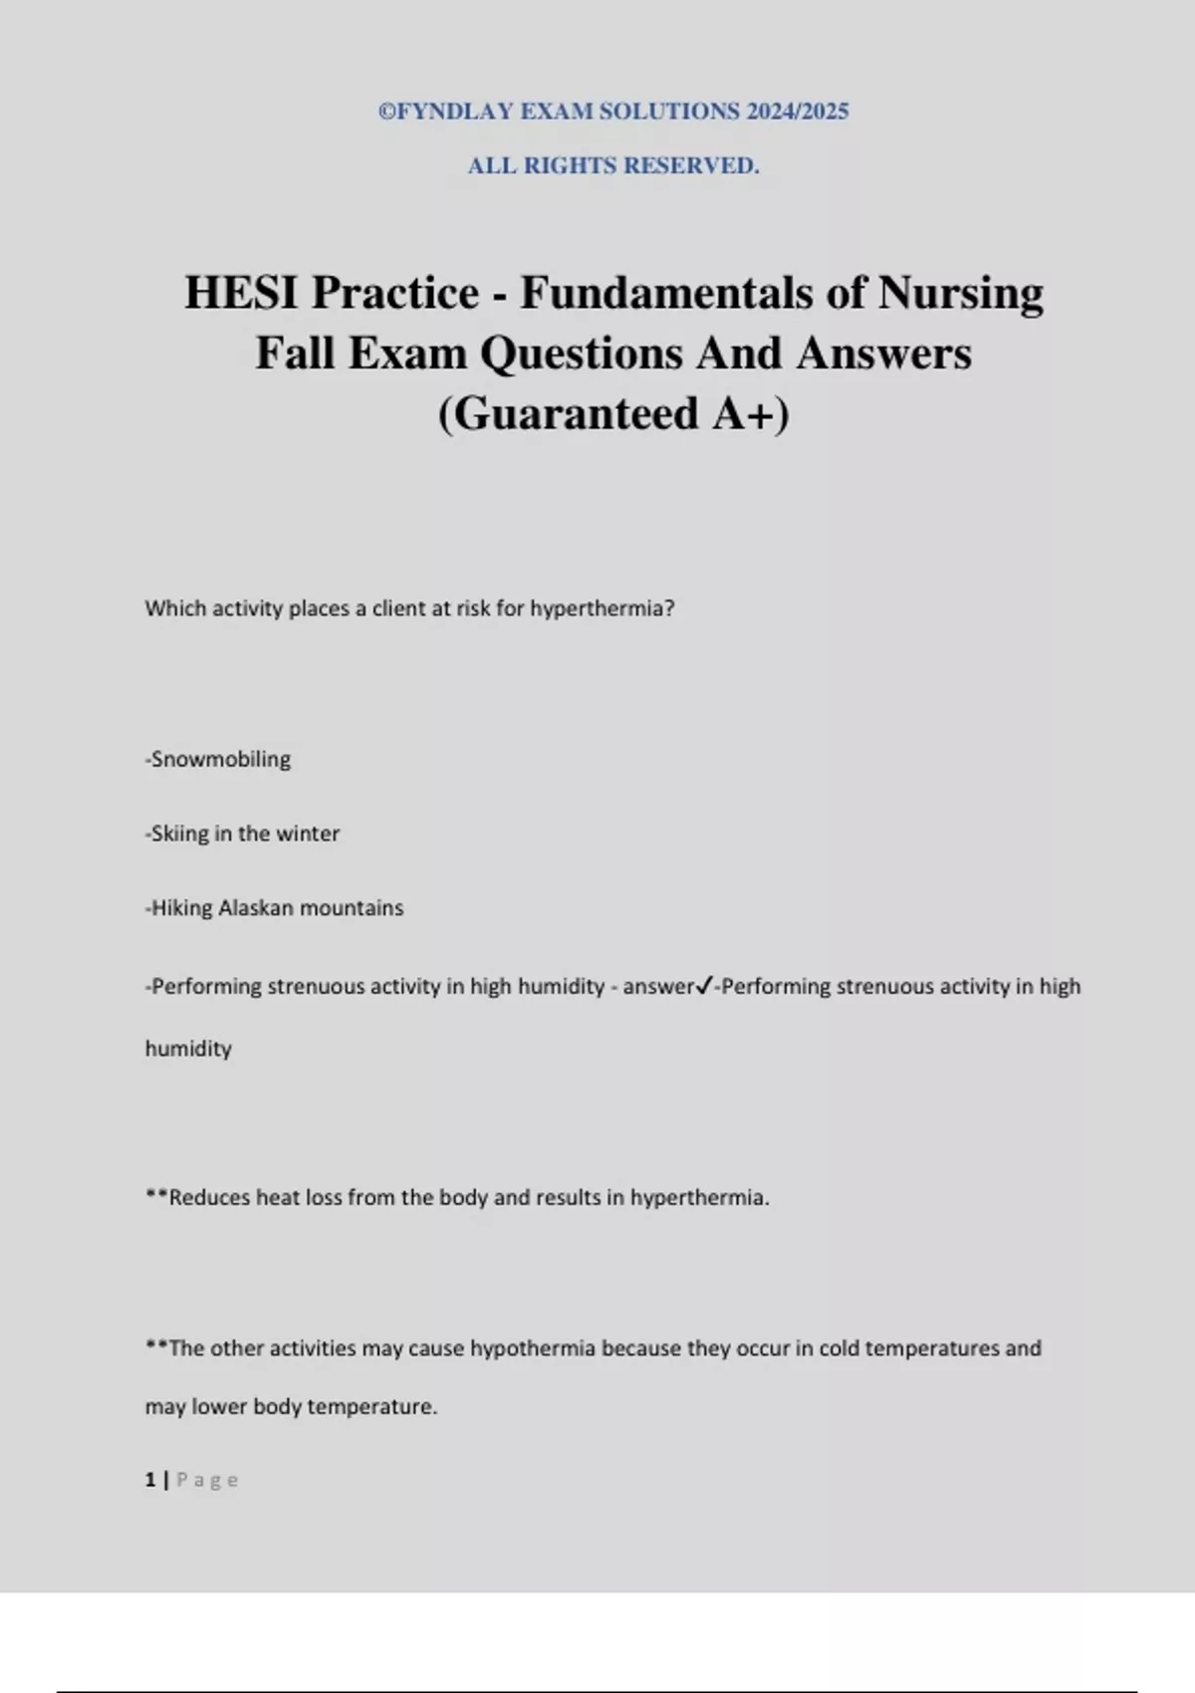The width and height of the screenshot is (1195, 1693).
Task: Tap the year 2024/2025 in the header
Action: coord(797,112)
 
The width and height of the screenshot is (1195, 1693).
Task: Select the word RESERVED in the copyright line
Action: coord(691,166)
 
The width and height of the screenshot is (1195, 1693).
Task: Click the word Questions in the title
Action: coord(582,354)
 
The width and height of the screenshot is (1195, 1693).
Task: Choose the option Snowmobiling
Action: coord(220,760)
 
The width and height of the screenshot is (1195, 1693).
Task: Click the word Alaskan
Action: coord(255,908)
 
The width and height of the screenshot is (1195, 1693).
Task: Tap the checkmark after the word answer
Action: coord(704,986)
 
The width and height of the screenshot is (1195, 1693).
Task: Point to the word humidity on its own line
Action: coord(188,1049)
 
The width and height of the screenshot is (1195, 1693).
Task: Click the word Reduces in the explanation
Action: coord(208,1198)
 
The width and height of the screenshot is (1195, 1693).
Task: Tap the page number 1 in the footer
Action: coord(150,1480)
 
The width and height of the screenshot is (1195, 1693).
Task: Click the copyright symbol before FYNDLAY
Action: coord(386,112)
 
